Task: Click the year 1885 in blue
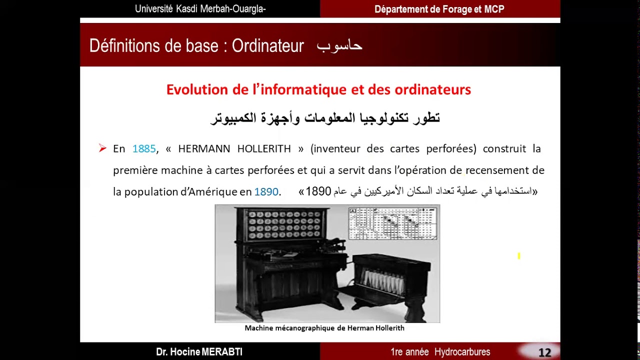(144, 149)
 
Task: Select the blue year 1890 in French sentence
(266, 192)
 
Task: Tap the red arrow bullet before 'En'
(102, 148)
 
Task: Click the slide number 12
(544, 352)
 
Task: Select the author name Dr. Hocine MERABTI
(199, 352)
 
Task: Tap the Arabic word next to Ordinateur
(339, 46)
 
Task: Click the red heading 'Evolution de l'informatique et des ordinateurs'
(318, 89)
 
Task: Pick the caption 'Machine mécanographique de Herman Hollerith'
(324, 328)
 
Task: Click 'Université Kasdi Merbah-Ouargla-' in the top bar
(200, 9)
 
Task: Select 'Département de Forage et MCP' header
(439, 9)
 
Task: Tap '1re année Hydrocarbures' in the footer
(440, 352)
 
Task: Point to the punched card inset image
(392, 223)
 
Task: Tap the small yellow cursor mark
(519, 256)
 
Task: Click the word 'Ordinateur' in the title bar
(267, 46)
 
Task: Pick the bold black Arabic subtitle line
(325, 118)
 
